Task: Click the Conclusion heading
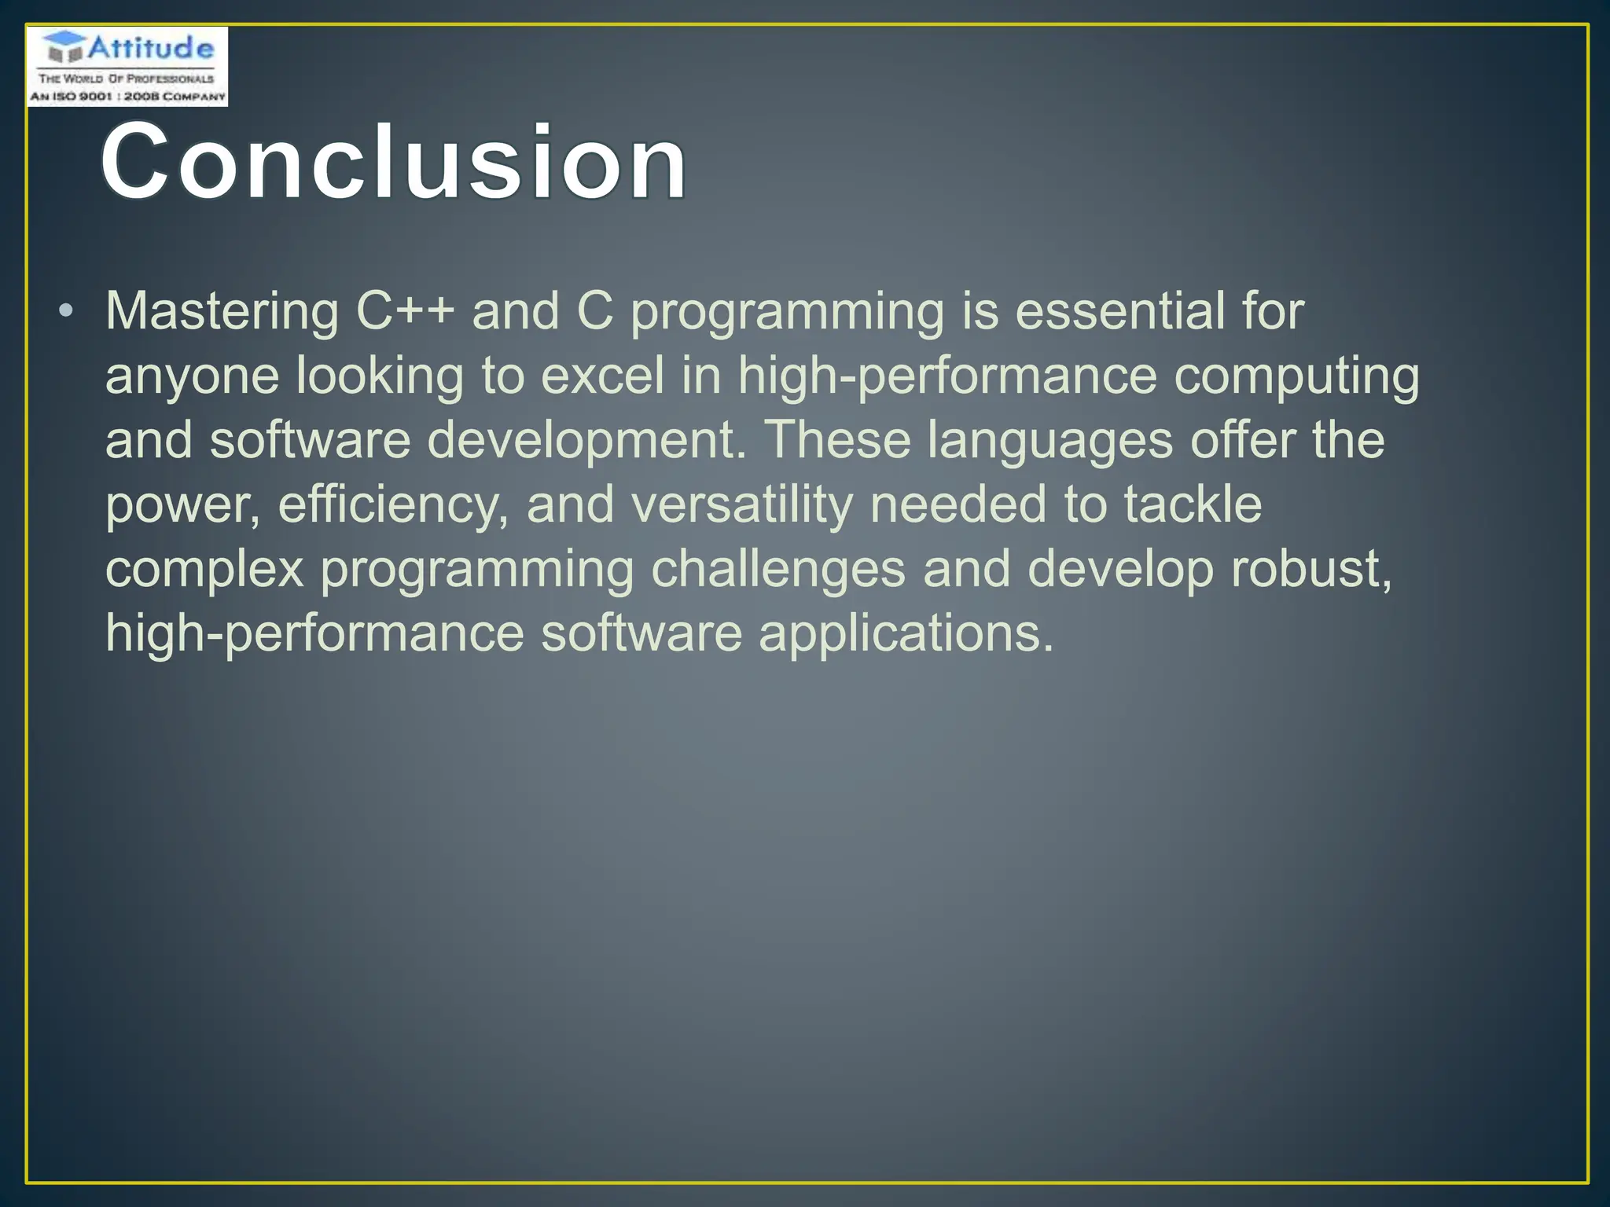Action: coord(393,163)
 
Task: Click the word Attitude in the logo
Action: coord(150,49)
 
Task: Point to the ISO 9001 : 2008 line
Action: coord(127,96)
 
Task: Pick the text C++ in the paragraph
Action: coord(405,311)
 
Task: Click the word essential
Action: coord(1119,311)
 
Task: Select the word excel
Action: coord(603,376)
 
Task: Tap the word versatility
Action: coord(742,504)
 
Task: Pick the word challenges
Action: coord(778,569)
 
